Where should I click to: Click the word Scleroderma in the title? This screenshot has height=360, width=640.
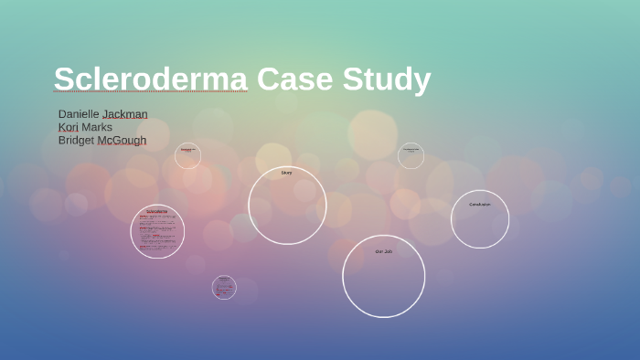(150, 79)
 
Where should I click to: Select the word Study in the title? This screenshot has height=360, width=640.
(386, 79)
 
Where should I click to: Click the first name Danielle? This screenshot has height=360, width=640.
(79, 114)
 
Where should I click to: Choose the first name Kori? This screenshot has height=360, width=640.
(69, 127)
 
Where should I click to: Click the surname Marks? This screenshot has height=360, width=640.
(97, 127)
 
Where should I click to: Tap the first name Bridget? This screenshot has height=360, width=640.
(77, 140)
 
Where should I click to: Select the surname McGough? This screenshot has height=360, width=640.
(123, 140)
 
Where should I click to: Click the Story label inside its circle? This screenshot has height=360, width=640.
(286, 172)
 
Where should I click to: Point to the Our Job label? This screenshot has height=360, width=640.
(383, 250)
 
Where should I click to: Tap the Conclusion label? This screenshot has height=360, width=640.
(479, 204)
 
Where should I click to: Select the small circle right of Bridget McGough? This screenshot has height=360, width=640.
(187, 155)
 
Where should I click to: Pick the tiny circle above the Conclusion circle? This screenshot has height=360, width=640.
(411, 155)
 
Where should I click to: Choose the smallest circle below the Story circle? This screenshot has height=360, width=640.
(224, 287)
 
